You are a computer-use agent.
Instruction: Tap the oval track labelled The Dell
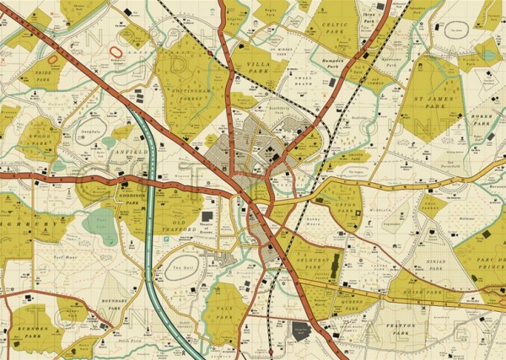coord(178,267)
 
